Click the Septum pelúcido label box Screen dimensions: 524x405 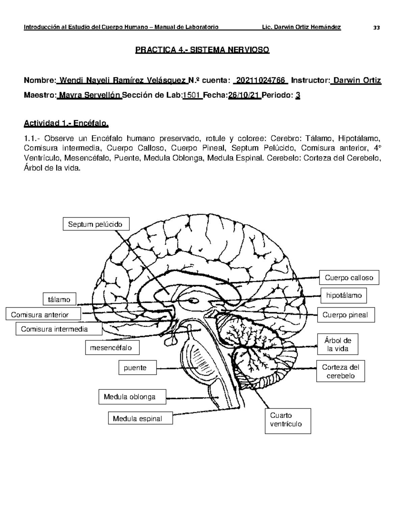pos(96,224)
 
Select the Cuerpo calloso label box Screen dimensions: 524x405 pos(349,278)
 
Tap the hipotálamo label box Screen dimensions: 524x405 pos(344,296)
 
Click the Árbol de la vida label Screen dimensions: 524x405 pos(337,344)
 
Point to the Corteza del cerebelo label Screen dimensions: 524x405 pos(341,371)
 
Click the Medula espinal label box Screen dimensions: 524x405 pos(140,418)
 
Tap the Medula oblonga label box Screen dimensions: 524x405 pos(132,397)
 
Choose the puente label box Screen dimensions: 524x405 pos(137,367)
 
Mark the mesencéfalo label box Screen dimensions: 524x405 pos(112,348)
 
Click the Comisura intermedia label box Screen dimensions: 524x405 pos(59,329)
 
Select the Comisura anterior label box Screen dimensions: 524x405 pos(43,314)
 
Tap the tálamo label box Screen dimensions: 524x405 pos(59,299)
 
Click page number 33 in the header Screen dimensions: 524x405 pos(376,28)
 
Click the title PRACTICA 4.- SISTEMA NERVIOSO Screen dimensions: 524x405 pos(202,50)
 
